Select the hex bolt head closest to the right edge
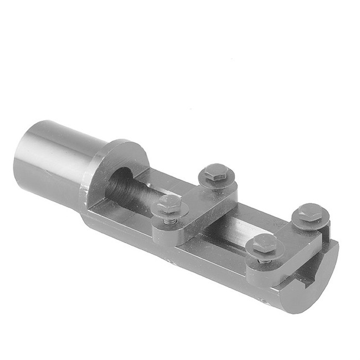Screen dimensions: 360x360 point(309,212)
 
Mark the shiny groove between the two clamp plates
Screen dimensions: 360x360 point(244,224)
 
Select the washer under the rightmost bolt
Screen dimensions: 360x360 point(310,222)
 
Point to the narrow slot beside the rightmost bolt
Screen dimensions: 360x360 point(330,233)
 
